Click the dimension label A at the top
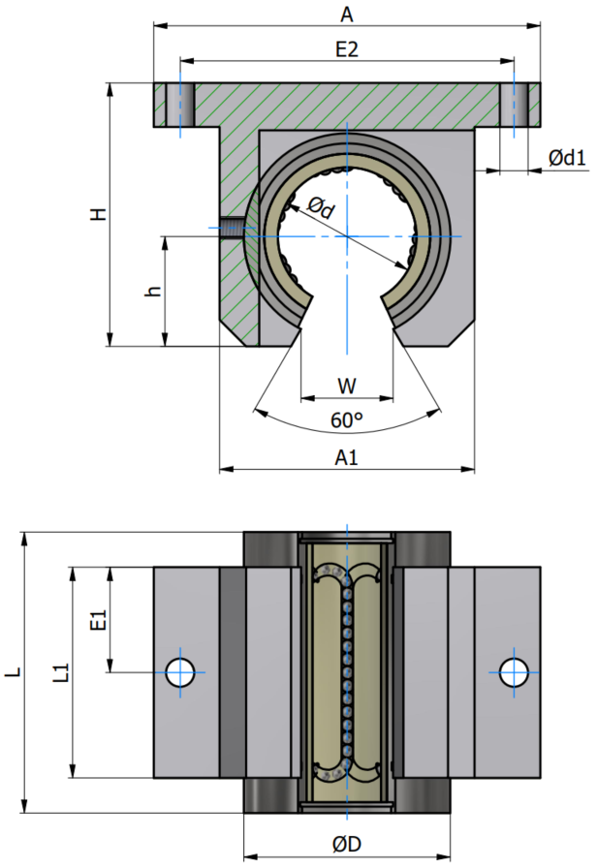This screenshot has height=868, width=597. pyautogui.click(x=347, y=15)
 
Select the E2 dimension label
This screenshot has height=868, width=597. pyautogui.click(x=347, y=49)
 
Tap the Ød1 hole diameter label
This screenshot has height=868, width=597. pyautogui.click(x=567, y=158)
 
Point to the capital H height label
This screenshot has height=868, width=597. pyautogui.click(x=99, y=214)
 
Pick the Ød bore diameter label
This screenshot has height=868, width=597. pyautogui.click(x=321, y=207)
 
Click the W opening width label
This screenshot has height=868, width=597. pyautogui.click(x=347, y=386)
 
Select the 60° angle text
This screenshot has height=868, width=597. pyautogui.click(x=347, y=420)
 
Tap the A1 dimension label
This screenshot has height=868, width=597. pyautogui.click(x=347, y=458)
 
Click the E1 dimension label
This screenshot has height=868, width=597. pyautogui.click(x=98, y=620)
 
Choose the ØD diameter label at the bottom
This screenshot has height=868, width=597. pyautogui.click(x=347, y=844)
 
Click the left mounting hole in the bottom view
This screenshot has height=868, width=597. pyautogui.click(x=180, y=672)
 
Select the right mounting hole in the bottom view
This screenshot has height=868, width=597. pyautogui.click(x=514, y=672)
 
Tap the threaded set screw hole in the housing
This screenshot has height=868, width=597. pyautogui.click(x=231, y=228)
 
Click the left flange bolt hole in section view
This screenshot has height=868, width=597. pyautogui.click(x=180, y=105)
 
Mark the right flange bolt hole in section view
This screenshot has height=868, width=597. pyautogui.click(x=514, y=105)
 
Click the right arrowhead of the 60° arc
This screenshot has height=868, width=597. pyautogui.click(x=435, y=413)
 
